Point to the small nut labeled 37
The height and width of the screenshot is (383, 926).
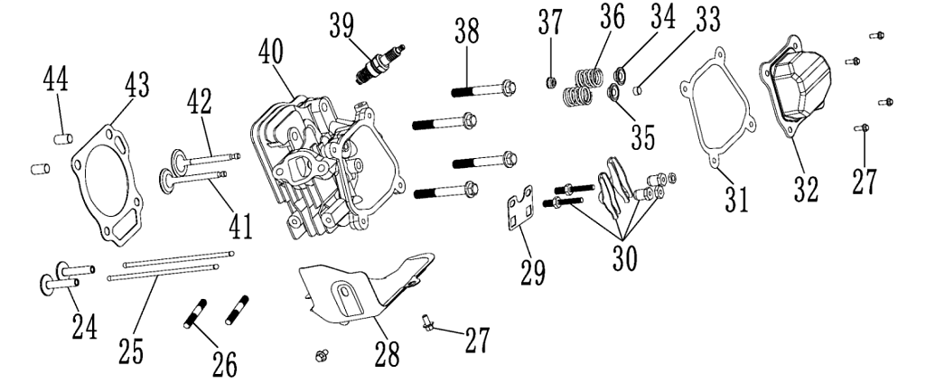pyautogui.click(x=547, y=84)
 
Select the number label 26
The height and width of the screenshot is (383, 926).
pyautogui.click(x=225, y=363)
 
